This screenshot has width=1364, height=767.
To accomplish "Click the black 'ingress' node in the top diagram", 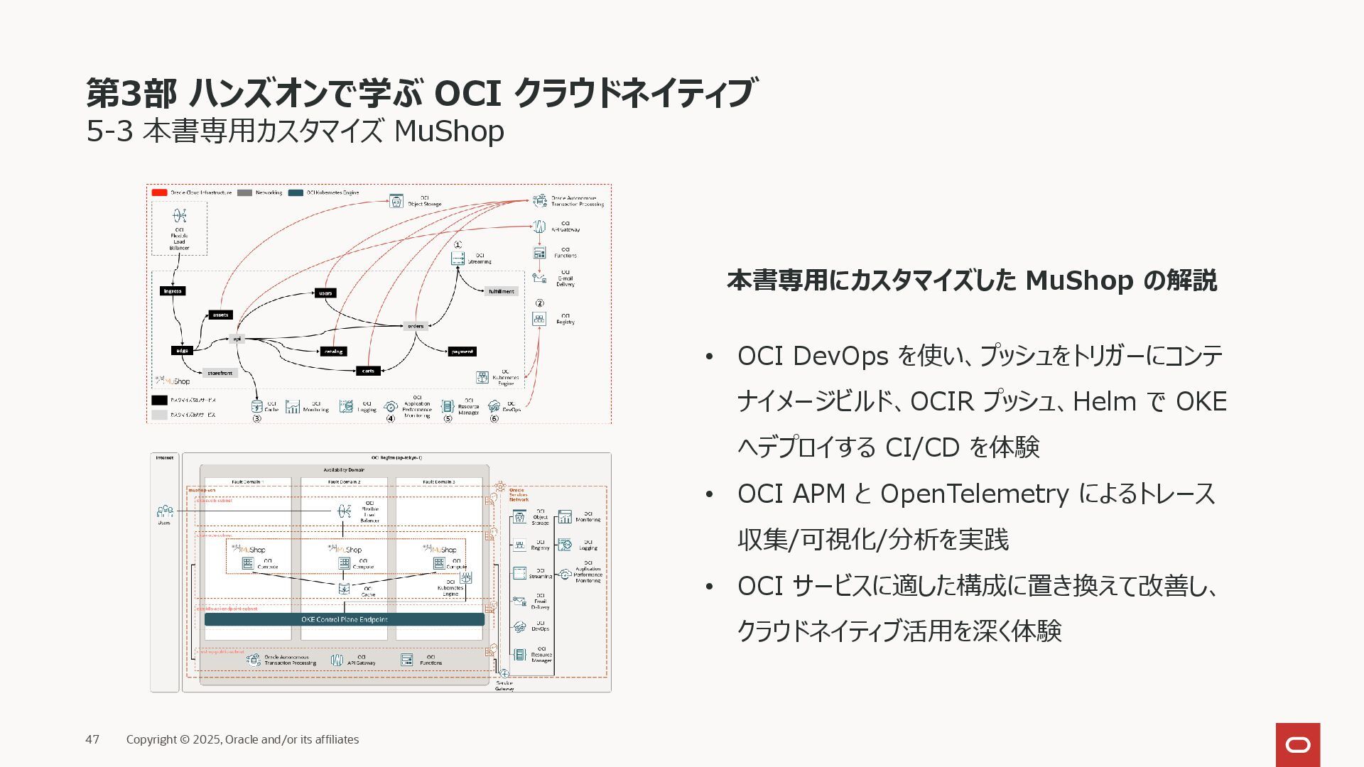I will [173, 291].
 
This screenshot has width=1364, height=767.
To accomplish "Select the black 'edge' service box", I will [183, 350].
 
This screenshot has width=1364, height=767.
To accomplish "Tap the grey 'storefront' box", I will [220, 373].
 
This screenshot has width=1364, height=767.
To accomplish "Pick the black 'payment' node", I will [462, 352].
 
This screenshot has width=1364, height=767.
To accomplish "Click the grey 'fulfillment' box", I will [501, 291].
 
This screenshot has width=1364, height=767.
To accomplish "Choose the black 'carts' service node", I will [368, 371].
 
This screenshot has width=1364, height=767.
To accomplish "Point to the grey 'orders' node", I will [416, 326].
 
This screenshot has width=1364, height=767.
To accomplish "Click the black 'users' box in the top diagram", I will [325, 293].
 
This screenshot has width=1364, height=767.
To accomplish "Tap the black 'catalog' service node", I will [333, 351].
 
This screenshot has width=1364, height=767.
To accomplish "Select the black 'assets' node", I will [221, 315].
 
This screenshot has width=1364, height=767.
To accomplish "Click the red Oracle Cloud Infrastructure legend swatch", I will [159, 192].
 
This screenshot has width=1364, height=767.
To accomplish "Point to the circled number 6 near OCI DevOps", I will [494, 418].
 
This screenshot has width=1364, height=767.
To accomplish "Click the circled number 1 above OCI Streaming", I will [458, 245].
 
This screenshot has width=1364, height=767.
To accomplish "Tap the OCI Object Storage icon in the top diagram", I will [396, 201].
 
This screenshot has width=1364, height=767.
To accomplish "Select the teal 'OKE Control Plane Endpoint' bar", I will [345, 619].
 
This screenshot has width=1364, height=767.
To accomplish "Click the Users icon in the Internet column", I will [165, 511].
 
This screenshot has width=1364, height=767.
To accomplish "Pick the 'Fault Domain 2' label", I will [344, 482].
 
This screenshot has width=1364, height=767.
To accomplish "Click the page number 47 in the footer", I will [92, 739].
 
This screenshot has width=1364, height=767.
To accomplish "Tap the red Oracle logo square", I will [1298, 744].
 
